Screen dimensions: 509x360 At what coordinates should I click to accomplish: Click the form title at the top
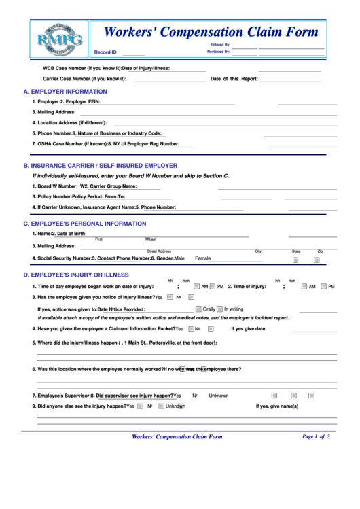pyautogui.click(x=210, y=32)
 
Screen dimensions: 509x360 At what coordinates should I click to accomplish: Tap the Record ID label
pyautogui.click(x=105, y=52)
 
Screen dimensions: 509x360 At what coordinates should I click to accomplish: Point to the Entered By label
pyautogui.click(x=220, y=45)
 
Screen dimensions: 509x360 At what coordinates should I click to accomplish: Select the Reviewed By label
pyautogui.click(x=219, y=52)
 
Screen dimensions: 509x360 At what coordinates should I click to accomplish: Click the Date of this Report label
pyautogui.click(x=234, y=79)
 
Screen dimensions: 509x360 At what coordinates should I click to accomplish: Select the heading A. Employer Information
pyautogui.click(x=65, y=92)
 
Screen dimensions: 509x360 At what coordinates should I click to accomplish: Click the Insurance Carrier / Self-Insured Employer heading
pyautogui.click(x=100, y=166)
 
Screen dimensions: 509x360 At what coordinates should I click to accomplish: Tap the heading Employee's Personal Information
pyautogui.click(x=84, y=224)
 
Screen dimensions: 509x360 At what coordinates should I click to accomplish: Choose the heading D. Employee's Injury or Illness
pyautogui.click(x=75, y=275)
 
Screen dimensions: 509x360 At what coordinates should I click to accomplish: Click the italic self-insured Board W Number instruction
pyautogui.click(x=130, y=176)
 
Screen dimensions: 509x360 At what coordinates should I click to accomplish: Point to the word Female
pyautogui.click(x=203, y=258)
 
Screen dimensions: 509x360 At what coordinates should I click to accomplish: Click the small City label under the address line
pyautogui.click(x=258, y=251)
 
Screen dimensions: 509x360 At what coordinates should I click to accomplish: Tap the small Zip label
pyautogui.click(x=320, y=251)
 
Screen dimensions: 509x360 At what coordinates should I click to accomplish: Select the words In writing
pyautogui.click(x=234, y=309)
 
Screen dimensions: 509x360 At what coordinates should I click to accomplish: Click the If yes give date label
pyautogui.click(x=249, y=329)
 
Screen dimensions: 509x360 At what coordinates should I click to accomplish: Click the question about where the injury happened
pyautogui.click(x=126, y=343)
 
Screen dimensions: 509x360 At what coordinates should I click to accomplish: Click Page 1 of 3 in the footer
pyautogui.click(x=315, y=436)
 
